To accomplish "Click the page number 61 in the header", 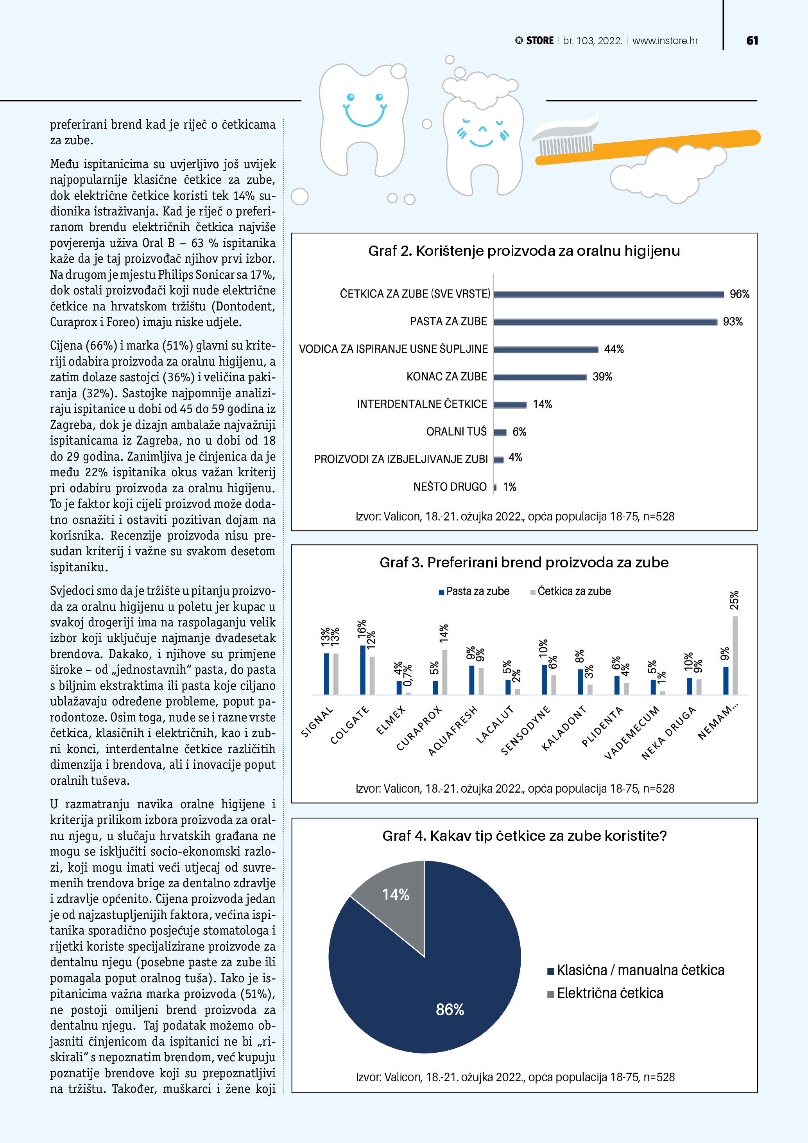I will (752, 41).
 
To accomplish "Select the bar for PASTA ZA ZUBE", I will (605, 322).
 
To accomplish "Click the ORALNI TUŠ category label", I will (456, 432).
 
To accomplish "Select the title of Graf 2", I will (524, 251).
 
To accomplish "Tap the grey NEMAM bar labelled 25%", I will (735, 655).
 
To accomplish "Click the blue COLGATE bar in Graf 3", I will (363, 670).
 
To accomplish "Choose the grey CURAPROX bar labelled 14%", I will (444, 672).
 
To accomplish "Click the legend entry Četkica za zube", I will (574, 591).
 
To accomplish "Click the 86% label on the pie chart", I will (450, 1009).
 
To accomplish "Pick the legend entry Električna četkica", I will (609, 994).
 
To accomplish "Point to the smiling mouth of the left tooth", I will (365, 117).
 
